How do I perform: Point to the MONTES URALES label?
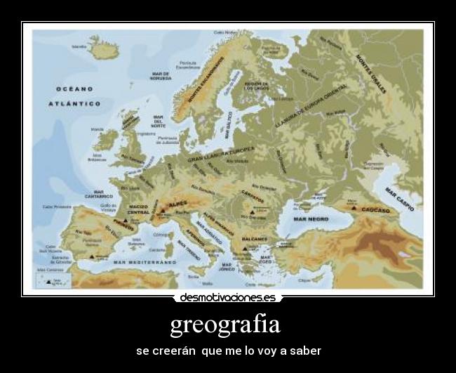click(x=372, y=73)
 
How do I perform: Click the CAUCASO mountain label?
click(x=377, y=209)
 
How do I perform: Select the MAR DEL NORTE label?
click(x=157, y=121)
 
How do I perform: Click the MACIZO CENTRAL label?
click(x=138, y=209)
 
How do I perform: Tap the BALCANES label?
click(x=255, y=239)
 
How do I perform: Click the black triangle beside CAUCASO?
click(x=354, y=208)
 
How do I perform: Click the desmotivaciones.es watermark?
click(x=228, y=297)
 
